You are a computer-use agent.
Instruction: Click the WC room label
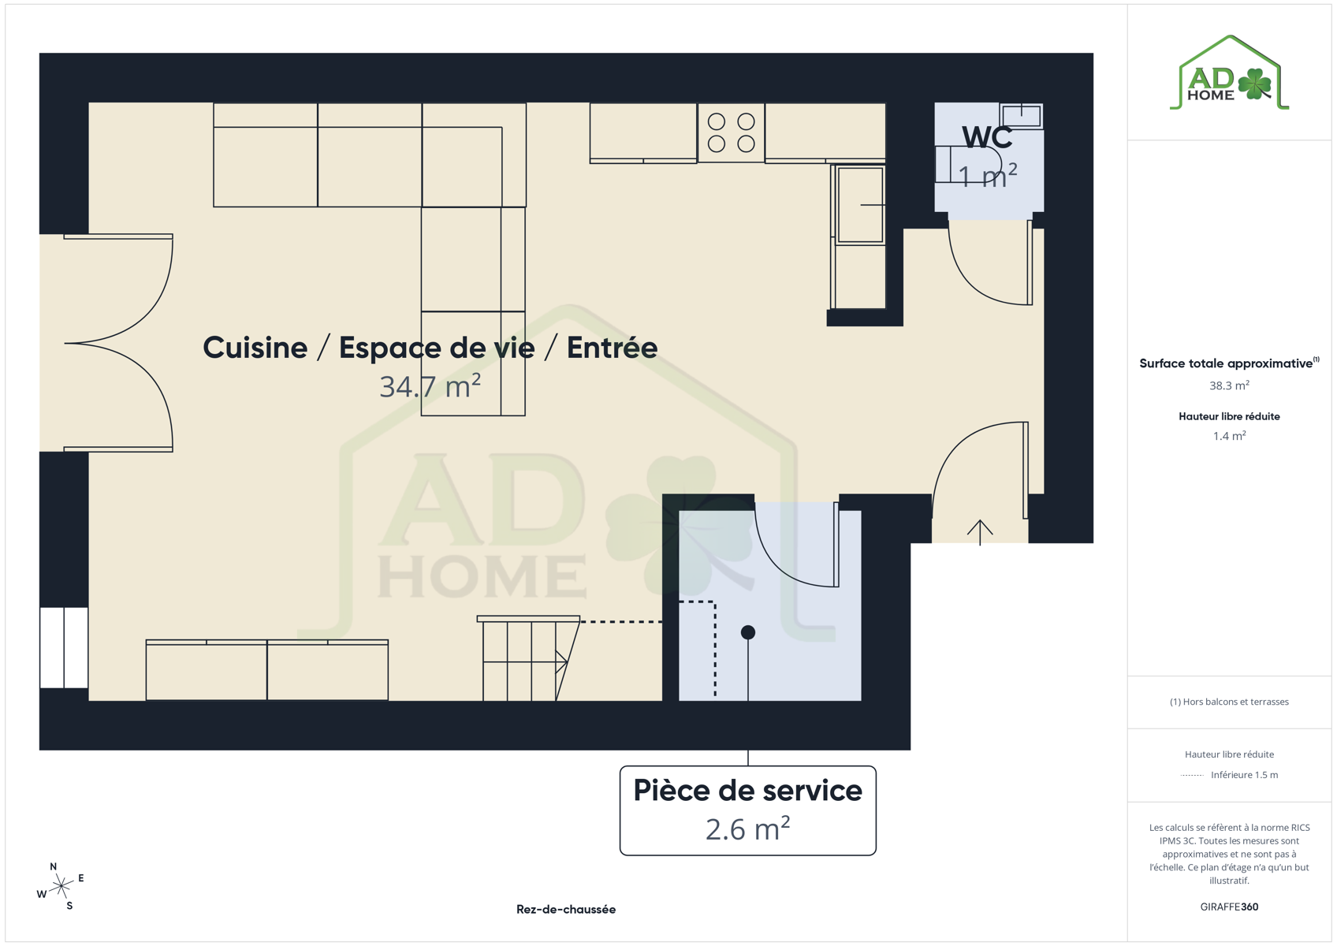(987, 137)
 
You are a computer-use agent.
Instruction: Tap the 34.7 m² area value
(430, 386)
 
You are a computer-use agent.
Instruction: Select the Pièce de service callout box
(748, 810)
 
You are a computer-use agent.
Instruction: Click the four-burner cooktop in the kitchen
(732, 132)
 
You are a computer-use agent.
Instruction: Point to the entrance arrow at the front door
(979, 532)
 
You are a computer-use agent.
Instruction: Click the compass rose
(61, 887)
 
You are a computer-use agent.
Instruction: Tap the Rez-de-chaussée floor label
(566, 909)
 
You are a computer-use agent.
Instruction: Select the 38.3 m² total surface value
(1229, 385)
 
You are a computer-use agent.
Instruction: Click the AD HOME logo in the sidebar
(1229, 73)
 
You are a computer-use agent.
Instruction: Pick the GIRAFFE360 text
(1229, 907)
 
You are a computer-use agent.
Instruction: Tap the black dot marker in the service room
(748, 632)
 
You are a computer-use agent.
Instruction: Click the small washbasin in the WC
(1021, 115)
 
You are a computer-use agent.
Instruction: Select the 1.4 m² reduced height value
(1229, 436)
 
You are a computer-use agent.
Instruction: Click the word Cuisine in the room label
(255, 348)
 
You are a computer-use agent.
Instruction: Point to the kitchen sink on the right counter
(859, 205)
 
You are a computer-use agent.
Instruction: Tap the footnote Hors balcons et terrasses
(1229, 702)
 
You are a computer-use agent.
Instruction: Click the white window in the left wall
(64, 647)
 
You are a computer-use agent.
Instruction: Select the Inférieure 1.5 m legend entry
(1245, 775)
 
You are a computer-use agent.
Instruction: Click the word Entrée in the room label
(612, 348)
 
